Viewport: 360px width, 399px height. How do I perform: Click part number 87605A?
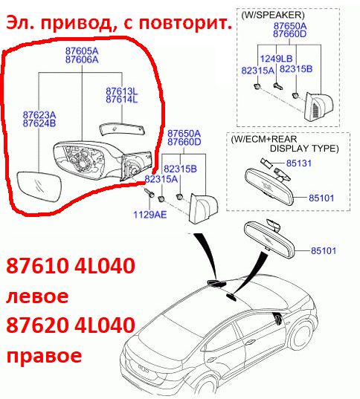(82, 51)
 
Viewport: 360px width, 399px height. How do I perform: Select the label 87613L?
(122, 91)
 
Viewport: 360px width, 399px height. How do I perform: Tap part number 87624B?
(39, 123)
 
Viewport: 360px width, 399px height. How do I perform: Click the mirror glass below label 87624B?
(39, 186)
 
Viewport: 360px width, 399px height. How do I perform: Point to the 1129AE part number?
(150, 215)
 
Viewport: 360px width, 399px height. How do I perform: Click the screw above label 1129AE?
(149, 193)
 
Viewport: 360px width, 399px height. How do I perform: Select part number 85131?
(299, 163)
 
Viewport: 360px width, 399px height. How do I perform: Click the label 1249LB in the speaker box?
(276, 59)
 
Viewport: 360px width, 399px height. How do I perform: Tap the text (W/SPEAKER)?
(273, 15)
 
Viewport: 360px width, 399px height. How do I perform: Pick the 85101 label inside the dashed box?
(321, 198)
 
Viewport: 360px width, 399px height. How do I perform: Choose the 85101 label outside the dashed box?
(324, 250)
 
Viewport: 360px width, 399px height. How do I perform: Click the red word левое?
(37, 296)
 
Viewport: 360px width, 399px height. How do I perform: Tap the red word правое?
(44, 355)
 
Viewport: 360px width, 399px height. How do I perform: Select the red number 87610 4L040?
(71, 265)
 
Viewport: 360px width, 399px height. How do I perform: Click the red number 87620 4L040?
(71, 325)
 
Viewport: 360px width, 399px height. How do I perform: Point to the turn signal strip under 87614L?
(122, 129)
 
